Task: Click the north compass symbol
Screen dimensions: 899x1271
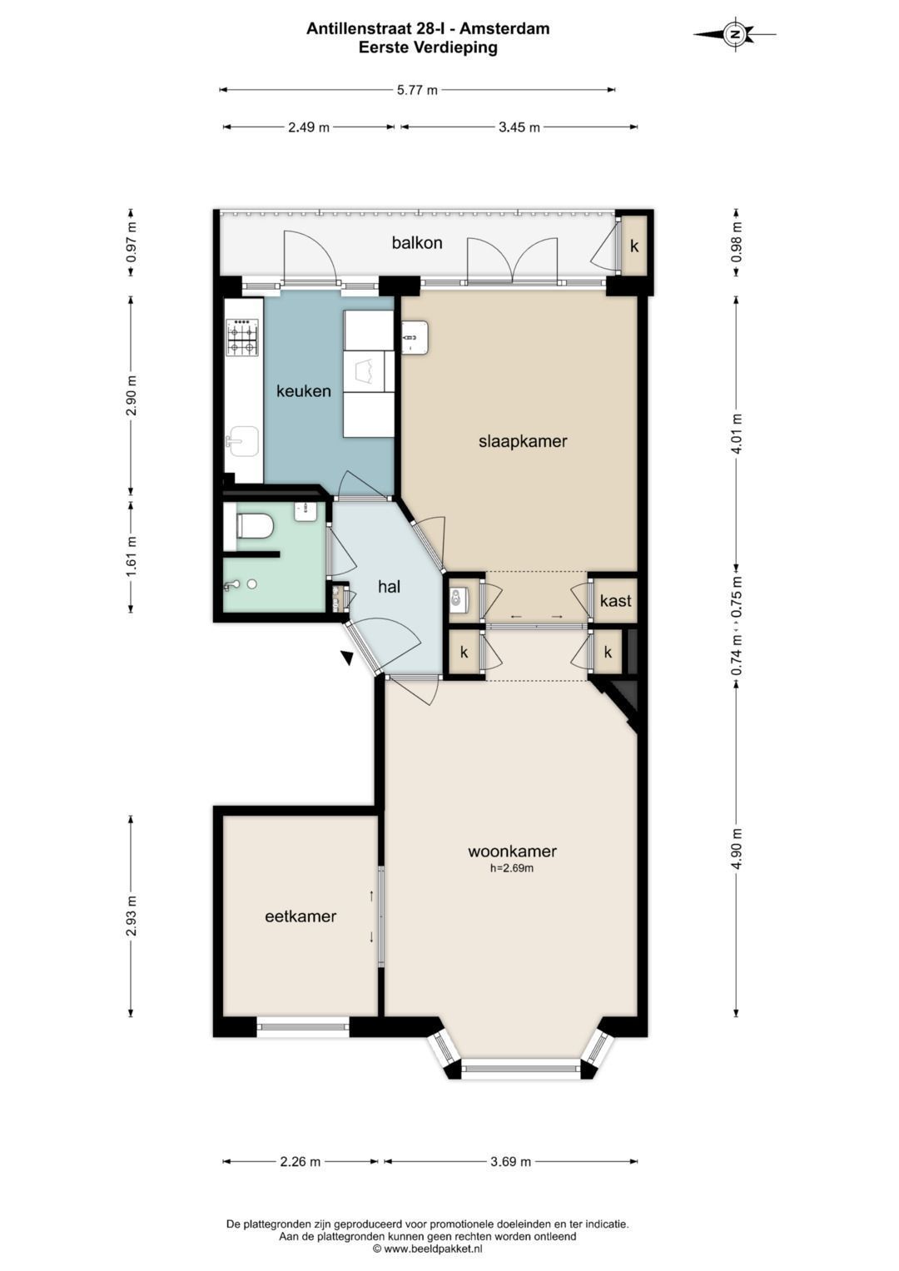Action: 735,34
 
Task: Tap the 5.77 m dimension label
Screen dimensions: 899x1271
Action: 417,90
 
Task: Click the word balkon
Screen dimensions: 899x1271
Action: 417,243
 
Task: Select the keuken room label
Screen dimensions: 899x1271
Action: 304,391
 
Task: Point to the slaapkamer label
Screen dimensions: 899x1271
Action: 523,441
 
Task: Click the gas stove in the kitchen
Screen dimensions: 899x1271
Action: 242,337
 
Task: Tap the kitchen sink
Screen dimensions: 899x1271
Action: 242,441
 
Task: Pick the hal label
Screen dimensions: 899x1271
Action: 389,586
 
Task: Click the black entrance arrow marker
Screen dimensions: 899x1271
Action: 347,658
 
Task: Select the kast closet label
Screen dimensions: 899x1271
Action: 615,600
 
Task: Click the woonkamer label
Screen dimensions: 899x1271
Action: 512,851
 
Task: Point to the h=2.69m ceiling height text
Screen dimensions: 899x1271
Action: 512,868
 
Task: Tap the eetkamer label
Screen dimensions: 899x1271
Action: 300,916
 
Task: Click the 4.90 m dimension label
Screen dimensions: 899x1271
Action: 737,848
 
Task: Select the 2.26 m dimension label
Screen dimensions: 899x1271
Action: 300,1161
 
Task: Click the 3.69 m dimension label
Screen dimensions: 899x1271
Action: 511,1161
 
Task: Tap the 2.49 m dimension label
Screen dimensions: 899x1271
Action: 309,127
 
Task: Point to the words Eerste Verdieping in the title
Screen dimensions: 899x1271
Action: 428,47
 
